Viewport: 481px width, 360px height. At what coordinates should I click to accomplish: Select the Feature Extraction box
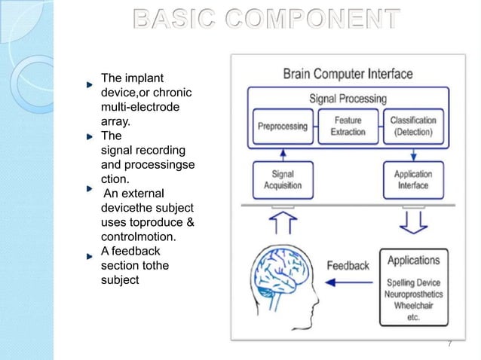[x=348, y=127]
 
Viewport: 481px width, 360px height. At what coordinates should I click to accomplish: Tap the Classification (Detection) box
[x=412, y=127]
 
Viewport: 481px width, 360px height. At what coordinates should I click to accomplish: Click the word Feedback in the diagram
[x=348, y=266]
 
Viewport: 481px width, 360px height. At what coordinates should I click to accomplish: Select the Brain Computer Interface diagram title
[x=348, y=74]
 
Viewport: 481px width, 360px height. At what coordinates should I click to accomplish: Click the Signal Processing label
[x=348, y=99]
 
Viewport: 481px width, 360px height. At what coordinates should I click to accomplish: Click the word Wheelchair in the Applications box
[x=412, y=306]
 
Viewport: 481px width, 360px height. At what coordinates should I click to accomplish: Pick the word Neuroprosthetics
[x=414, y=294]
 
